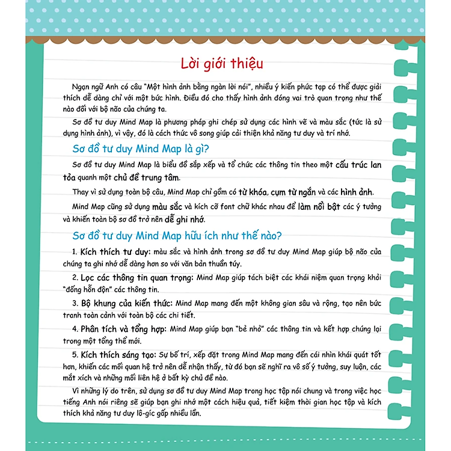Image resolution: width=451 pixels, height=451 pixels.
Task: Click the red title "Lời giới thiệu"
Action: click(x=222, y=64)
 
